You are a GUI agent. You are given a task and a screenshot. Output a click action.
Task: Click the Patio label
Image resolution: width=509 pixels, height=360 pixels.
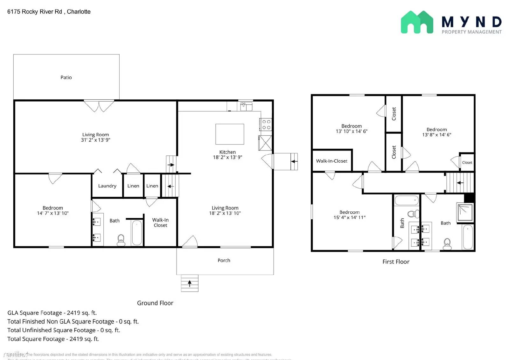click(x=66, y=77)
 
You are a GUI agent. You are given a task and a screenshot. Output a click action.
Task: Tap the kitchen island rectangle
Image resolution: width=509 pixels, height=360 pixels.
click(x=230, y=134)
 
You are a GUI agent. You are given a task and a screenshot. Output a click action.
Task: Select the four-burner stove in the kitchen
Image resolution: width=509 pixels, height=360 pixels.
click(x=266, y=124)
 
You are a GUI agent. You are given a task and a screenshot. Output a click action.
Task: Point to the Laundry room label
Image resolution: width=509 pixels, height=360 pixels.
click(x=107, y=186)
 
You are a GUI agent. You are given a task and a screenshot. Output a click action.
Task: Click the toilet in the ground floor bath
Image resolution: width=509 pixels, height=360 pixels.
click(x=121, y=240)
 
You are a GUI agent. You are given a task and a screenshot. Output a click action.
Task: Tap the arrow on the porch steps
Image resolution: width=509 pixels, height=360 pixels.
click(x=190, y=283)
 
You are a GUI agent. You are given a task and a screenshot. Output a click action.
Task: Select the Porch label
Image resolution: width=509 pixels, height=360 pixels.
click(x=224, y=260)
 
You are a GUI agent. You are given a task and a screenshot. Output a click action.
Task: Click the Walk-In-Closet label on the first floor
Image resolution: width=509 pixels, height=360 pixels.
click(x=331, y=161)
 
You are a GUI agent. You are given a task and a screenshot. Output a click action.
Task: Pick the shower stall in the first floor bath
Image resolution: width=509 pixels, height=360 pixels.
click(x=465, y=213)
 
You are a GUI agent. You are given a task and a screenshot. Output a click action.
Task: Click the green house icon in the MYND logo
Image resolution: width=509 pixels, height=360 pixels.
click(x=417, y=22)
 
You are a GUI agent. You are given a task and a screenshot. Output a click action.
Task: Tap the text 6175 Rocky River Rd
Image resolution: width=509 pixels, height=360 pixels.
click(x=35, y=12)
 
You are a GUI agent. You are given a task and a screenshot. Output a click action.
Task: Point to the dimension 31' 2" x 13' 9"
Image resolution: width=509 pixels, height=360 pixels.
click(x=95, y=140)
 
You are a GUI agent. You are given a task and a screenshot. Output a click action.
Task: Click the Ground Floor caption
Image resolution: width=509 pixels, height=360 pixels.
click(x=155, y=303)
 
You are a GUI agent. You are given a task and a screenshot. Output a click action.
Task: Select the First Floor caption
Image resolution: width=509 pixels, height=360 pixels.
click(x=396, y=262)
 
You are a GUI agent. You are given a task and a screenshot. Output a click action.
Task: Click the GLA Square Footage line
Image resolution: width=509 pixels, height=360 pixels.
click(x=52, y=313)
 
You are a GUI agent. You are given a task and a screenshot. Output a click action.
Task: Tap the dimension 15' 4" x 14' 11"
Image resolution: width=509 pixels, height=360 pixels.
click(x=349, y=217)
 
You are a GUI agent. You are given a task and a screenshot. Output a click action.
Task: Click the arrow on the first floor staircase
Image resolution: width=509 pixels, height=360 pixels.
click(x=460, y=183)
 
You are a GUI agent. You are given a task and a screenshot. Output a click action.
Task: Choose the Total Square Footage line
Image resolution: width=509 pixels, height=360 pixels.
click(x=53, y=339)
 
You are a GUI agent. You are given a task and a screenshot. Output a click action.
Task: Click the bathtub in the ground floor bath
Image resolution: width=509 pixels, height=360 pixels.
click(x=137, y=233)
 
